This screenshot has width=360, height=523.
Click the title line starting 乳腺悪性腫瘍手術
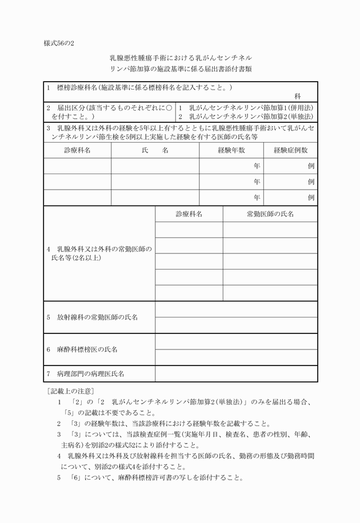pos(180,58)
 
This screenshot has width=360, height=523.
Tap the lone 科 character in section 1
pos(298,97)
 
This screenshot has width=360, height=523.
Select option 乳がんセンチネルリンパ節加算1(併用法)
pos(246,107)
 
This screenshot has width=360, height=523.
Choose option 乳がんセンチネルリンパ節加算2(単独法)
pos(246,116)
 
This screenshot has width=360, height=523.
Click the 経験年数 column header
pos(231,150)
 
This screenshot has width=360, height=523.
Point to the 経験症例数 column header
pos(290,150)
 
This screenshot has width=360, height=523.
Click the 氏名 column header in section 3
pos(155,150)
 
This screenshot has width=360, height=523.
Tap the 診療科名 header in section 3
pos(77,150)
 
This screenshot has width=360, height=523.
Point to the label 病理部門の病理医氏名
pos(90,374)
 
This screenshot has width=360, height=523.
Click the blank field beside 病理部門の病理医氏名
pos(236,374)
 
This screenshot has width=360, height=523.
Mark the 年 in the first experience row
pos(257,166)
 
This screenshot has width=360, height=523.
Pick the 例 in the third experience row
pos(311,198)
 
